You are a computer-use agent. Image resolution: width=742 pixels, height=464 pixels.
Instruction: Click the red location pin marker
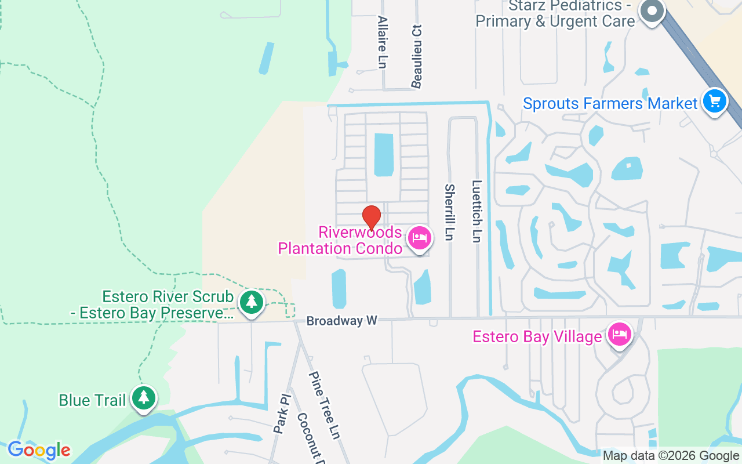372,217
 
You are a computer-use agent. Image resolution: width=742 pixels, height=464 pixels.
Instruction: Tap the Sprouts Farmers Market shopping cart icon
715,102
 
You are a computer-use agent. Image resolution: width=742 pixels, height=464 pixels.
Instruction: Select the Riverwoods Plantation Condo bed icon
420,238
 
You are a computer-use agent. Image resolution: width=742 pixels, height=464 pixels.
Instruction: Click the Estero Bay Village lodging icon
620,335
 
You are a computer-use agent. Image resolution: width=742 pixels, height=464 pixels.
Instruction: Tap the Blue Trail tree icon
143,398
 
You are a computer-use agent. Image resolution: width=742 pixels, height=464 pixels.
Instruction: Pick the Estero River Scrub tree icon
251,302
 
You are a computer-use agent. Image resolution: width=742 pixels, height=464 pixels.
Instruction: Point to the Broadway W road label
341,321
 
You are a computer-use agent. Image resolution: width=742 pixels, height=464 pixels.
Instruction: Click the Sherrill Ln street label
449,212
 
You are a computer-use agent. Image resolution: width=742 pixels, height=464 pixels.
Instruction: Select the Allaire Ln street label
381,42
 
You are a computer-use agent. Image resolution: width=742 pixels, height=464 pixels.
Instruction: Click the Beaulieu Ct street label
416,56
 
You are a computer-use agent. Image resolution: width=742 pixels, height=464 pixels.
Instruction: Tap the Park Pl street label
280,415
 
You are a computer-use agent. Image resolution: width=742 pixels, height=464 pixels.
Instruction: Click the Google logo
39,450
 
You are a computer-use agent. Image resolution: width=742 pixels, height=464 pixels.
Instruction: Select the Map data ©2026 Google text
671,456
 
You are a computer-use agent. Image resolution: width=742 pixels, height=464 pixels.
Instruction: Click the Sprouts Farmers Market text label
610,104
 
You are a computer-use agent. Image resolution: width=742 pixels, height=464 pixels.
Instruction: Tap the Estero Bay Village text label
537,337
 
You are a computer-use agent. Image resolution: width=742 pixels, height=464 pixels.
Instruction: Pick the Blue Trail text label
92,400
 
